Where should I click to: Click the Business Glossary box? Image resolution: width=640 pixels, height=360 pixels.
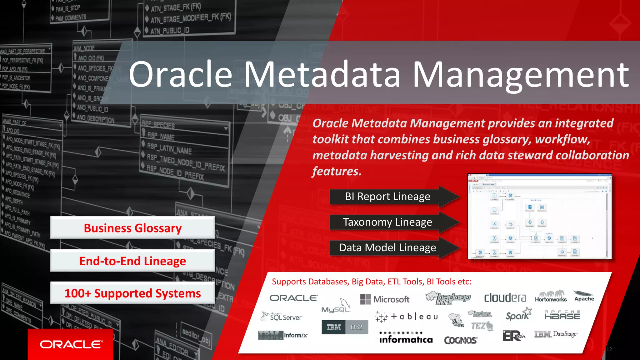(132, 228)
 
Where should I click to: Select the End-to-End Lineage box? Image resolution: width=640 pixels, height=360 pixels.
(132, 261)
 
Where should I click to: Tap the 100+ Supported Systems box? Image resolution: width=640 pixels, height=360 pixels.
(132, 293)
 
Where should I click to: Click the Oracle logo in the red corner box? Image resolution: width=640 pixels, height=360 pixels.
(71, 344)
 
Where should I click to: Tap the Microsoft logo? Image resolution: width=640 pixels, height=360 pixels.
(385, 299)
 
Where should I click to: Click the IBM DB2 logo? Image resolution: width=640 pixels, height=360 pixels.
(345, 327)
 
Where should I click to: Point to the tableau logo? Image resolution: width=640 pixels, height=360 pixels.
(407, 317)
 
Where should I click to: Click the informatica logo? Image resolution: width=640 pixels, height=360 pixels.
(406, 337)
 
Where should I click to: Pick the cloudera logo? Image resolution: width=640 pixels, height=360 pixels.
(505, 297)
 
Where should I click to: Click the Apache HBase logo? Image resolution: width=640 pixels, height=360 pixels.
(562, 315)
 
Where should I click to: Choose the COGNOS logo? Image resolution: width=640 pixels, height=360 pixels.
(460, 340)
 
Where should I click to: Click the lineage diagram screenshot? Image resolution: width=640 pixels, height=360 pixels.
(539, 216)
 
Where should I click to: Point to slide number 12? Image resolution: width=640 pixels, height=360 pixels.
(609, 349)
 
